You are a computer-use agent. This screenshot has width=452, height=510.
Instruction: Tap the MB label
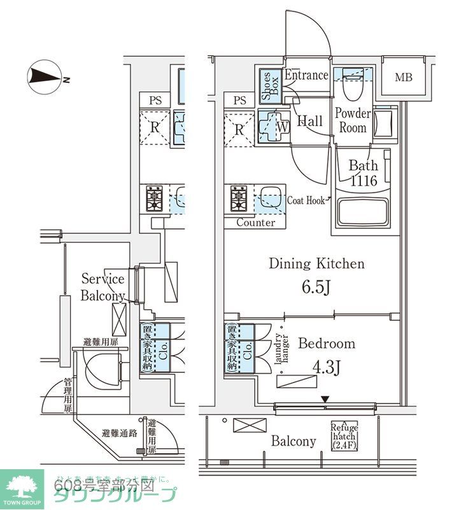pos(403,78)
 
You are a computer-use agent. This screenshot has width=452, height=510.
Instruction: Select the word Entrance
pos(306,75)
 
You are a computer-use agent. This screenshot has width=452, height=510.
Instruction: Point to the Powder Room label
pos(353,120)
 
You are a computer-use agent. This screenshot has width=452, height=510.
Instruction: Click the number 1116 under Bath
pos(363,181)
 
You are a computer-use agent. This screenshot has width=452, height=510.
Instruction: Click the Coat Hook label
pos(306,200)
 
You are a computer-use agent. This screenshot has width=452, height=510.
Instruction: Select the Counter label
pos(256,223)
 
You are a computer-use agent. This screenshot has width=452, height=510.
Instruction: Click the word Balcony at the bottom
pos(293,441)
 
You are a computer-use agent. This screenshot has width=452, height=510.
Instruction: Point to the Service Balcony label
pos(102,287)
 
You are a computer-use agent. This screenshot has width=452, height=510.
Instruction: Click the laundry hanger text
pos(281,351)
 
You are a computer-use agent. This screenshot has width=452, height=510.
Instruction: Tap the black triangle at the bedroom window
pos(325,400)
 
